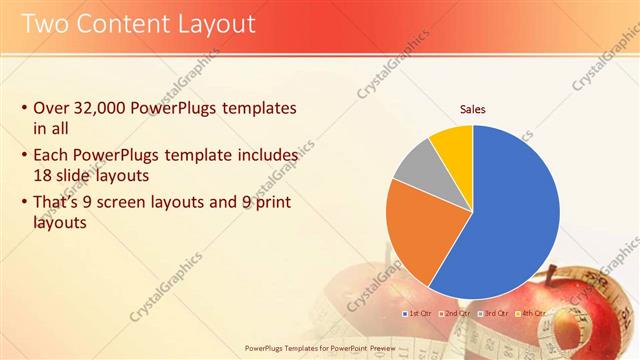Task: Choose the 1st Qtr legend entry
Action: click(x=419, y=313)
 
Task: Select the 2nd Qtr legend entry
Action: click(x=456, y=313)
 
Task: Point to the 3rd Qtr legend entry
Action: click(x=493, y=313)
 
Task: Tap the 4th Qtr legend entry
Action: click(x=530, y=313)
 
